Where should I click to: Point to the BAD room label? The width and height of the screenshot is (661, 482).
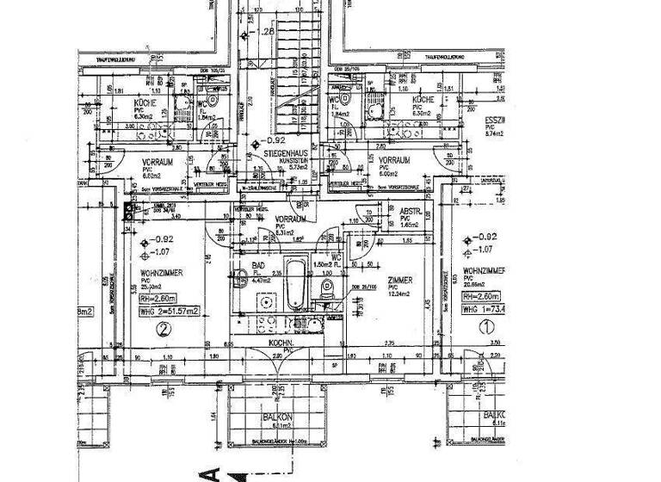[257, 267]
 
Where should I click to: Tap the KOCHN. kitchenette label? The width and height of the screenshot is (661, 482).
[282, 343]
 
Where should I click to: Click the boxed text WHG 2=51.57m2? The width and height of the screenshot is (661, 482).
[169, 311]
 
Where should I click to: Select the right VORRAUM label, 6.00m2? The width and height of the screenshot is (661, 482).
[394, 160]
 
